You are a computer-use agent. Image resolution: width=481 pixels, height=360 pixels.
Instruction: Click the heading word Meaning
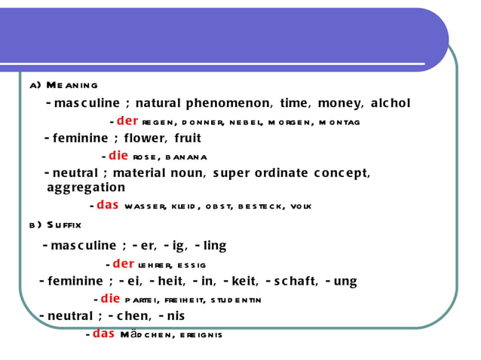(x=72, y=85)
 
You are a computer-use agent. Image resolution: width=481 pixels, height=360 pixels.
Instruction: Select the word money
(x=339, y=103)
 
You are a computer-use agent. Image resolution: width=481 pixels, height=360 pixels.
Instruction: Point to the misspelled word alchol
(x=391, y=103)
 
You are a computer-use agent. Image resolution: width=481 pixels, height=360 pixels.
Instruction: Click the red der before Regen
(x=127, y=121)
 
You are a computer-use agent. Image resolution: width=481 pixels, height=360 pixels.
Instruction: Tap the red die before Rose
(x=118, y=156)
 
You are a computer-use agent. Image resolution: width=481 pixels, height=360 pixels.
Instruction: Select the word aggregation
(x=86, y=188)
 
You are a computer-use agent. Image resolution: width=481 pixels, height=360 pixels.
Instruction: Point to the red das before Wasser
(x=107, y=205)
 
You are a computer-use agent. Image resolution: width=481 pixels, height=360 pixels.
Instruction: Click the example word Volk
(x=299, y=206)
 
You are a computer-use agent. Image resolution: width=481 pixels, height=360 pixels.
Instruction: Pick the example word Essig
(x=192, y=265)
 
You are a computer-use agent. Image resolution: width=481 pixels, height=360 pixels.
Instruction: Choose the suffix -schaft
(x=291, y=281)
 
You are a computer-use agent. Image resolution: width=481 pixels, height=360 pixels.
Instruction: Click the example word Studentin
(x=235, y=300)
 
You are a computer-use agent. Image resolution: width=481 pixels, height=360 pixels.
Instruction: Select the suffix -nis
(x=171, y=316)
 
